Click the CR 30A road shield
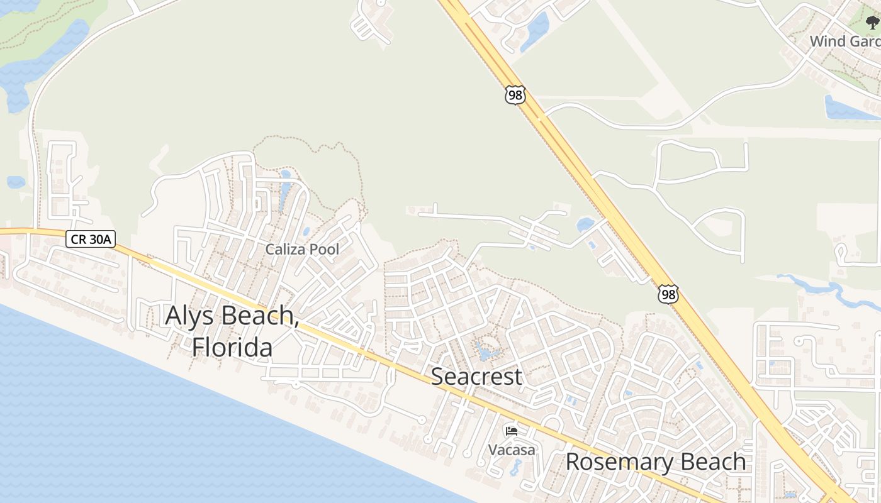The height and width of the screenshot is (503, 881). point(90,239)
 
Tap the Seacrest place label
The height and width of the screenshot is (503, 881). point(476,377)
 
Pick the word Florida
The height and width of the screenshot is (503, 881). point(232,347)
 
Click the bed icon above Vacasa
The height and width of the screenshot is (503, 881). point(512,431)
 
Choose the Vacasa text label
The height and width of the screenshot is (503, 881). point(512,450)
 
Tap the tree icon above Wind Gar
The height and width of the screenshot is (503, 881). point(872,23)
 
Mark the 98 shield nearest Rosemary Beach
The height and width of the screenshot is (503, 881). point(668,294)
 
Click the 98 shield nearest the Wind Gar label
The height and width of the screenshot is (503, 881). point(514,95)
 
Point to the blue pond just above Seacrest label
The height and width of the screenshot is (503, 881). point(486,351)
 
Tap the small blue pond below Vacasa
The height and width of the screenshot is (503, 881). point(516,467)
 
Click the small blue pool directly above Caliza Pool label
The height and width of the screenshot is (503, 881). point(306,231)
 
